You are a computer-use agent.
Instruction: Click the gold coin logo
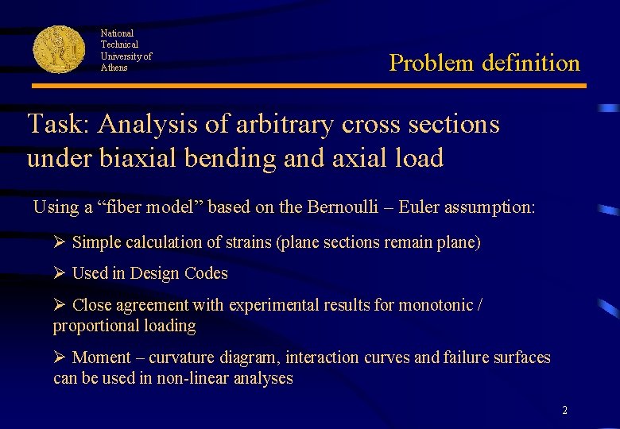[x=59, y=49]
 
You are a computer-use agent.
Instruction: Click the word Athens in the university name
[x=114, y=68]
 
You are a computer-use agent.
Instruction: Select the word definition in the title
[x=531, y=63]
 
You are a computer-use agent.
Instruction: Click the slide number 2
[x=564, y=411]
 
